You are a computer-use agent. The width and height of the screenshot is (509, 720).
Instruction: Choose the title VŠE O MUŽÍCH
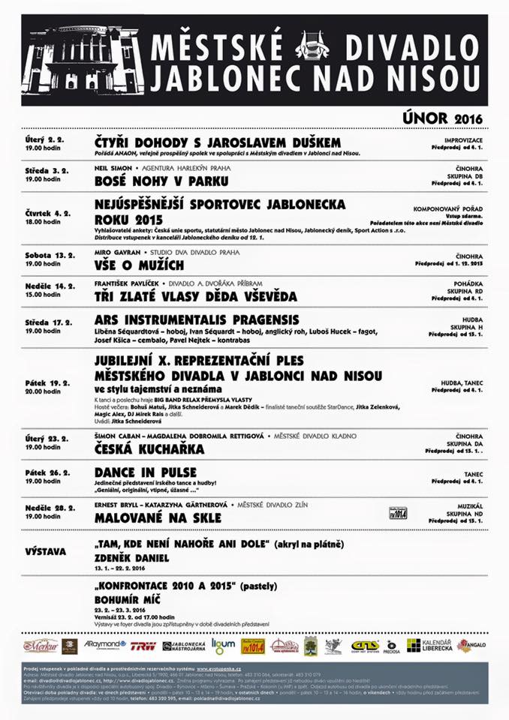click(139, 265)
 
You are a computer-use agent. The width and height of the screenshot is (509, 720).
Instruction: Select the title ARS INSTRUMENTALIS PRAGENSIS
click(197, 319)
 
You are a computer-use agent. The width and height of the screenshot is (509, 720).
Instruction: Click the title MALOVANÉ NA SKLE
click(158, 517)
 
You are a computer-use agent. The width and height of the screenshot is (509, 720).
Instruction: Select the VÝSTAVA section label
click(46, 551)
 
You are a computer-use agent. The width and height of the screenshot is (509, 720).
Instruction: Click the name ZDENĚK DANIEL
click(132, 558)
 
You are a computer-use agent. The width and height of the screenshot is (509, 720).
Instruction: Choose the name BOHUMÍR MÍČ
click(129, 600)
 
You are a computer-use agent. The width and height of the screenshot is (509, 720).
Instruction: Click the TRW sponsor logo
click(143, 646)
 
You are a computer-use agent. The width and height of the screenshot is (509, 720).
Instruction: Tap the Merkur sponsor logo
click(40, 646)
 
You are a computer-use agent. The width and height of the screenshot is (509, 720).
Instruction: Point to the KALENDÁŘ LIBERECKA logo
click(429, 646)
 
